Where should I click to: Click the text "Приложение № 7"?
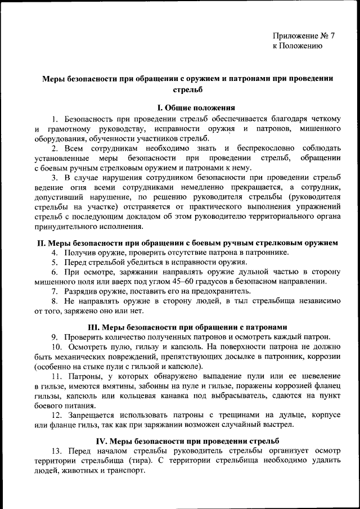point(304,35)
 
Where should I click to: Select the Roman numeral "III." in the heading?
point(94,327)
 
